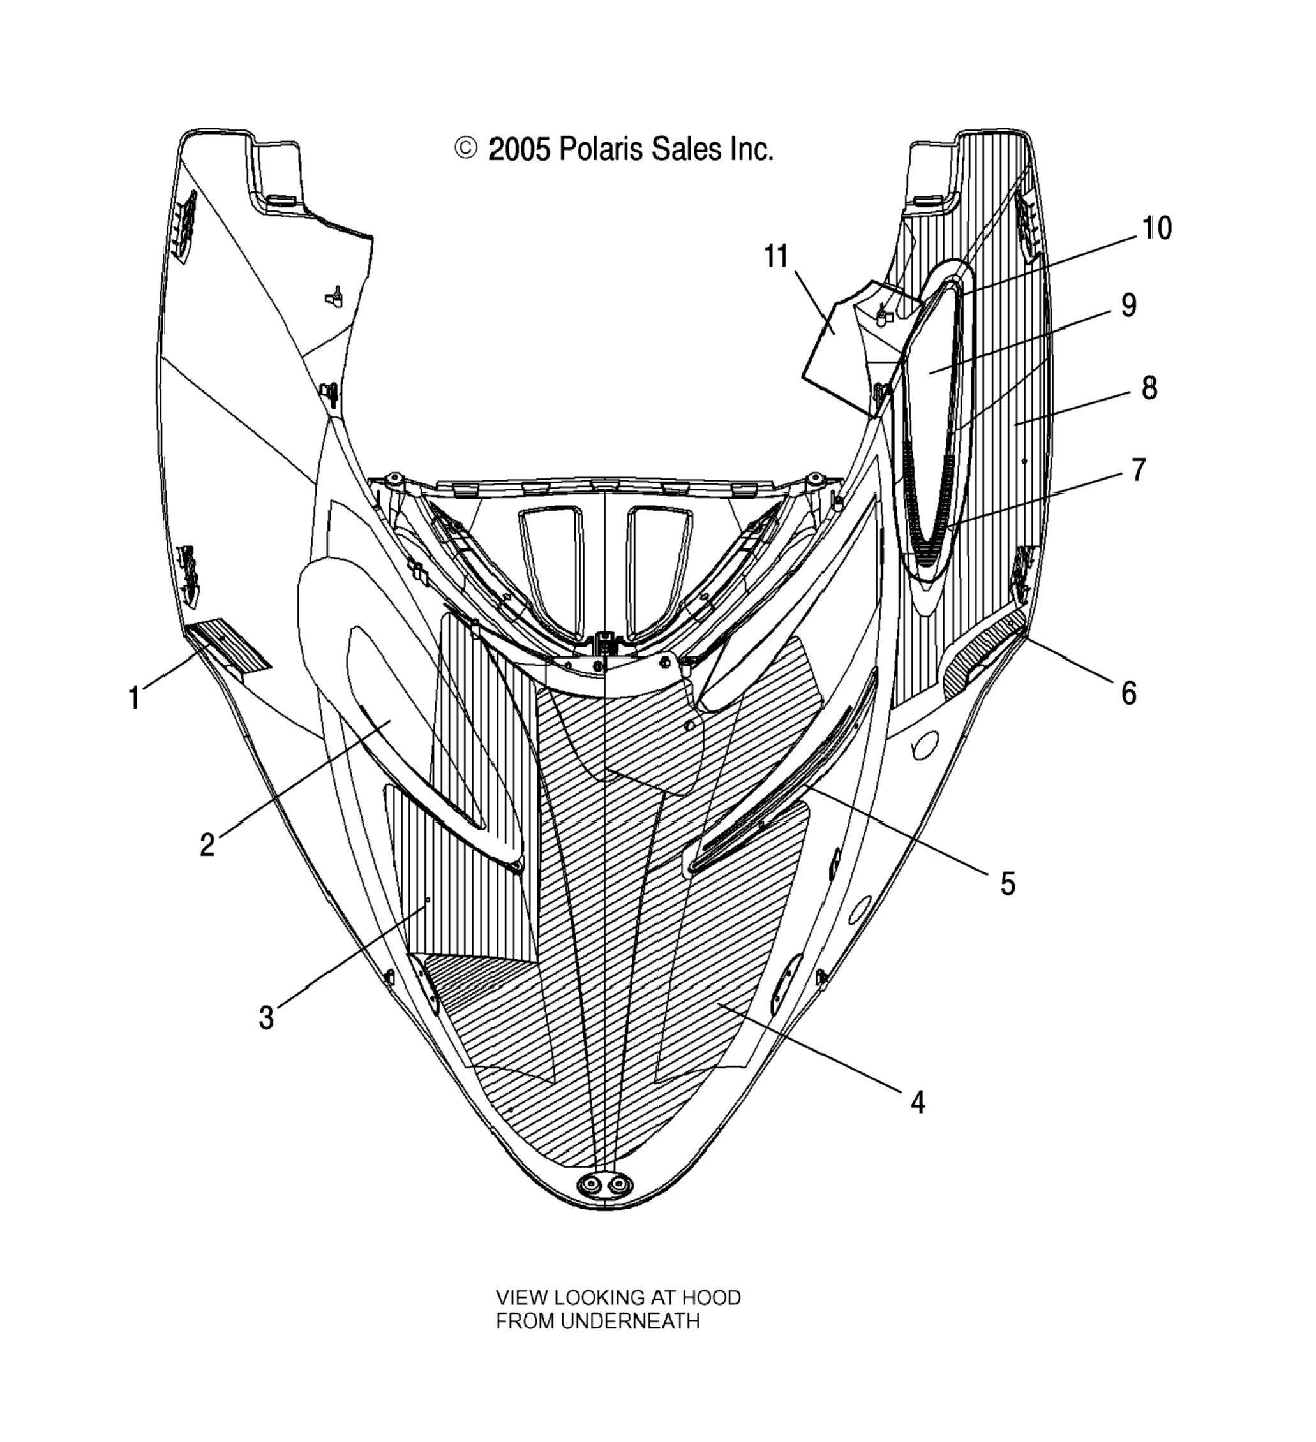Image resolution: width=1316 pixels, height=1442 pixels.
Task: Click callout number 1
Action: point(134,696)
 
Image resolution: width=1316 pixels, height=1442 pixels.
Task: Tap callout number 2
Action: point(207,845)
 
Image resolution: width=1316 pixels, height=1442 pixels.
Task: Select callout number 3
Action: point(266,1017)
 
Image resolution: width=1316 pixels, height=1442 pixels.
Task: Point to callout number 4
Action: point(918,1102)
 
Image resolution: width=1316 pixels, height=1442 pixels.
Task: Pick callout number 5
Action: point(1008,884)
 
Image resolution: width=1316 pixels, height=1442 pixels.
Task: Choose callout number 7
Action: point(1139,470)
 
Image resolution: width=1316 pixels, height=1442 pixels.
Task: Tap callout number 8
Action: point(1149,388)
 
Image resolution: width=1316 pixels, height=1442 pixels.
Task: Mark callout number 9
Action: point(1128,305)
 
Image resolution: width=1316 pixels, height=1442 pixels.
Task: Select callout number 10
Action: point(1156,228)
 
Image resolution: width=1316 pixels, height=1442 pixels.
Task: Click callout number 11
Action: point(777,256)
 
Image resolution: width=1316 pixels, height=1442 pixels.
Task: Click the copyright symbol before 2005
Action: point(465,149)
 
